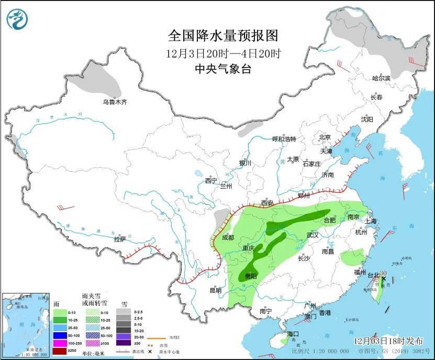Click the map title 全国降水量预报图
[222, 36]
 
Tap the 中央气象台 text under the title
[222, 69]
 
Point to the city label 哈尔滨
[381, 78]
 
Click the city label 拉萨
[119, 239]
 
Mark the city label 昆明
[215, 290]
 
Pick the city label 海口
[293, 334]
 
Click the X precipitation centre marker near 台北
[383, 279]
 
